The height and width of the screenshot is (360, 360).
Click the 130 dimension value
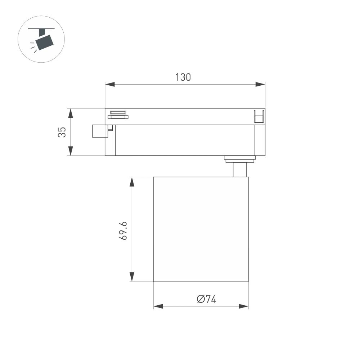click(183, 77)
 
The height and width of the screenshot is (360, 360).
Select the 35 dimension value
click(62, 132)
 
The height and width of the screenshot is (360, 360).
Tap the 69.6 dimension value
click(123, 231)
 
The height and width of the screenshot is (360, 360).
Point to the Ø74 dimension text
click(207, 299)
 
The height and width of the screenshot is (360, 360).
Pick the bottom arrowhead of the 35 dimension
click(71, 151)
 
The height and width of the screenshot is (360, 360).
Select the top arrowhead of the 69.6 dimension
click(132, 181)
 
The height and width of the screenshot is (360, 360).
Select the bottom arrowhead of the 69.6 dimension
click(132, 277)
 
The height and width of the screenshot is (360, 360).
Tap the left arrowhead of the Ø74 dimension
click(158, 306)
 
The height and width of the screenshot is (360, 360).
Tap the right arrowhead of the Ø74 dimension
click(244, 306)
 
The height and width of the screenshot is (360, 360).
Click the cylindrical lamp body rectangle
click(201, 229)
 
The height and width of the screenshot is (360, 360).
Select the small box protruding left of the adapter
click(100, 131)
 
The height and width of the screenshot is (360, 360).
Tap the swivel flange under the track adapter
click(239, 158)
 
